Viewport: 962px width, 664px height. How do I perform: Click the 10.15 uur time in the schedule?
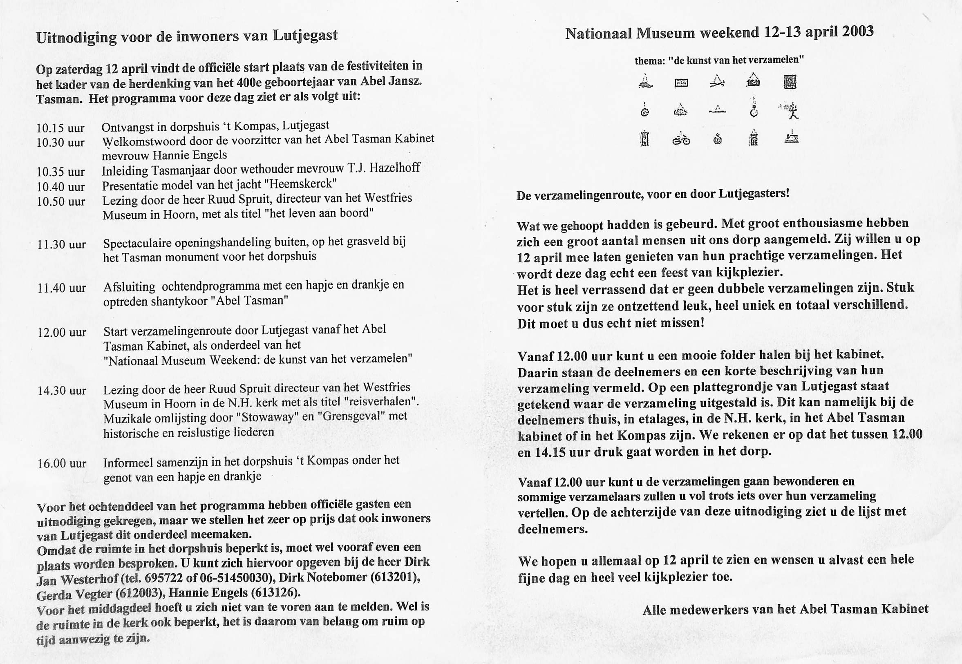(x=60, y=128)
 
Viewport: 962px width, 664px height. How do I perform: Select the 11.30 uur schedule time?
(x=62, y=244)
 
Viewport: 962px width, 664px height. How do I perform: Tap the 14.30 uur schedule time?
(x=62, y=391)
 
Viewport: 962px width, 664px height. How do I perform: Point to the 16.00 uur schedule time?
(x=62, y=463)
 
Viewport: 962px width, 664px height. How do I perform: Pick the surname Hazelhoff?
(x=395, y=168)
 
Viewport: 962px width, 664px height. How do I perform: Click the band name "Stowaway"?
(x=266, y=417)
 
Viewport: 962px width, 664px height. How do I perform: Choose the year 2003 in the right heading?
(x=857, y=31)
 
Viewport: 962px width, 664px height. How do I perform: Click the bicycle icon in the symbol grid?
(x=681, y=140)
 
